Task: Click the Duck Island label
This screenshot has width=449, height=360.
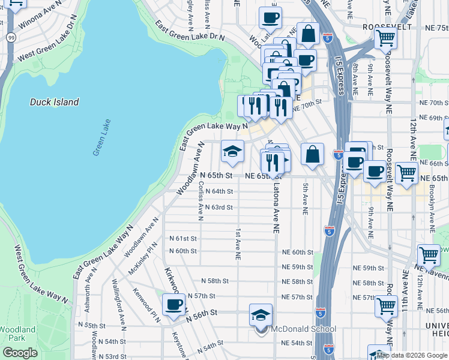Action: coord(55,102)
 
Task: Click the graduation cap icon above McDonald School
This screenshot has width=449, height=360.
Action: coord(261,314)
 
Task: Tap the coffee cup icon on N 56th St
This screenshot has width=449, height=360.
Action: coord(173,304)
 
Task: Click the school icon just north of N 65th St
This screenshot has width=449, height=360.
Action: coord(232,151)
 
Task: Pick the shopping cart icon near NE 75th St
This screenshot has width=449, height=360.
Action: coord(385,38)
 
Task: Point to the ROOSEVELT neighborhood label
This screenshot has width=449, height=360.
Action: coord(387,28)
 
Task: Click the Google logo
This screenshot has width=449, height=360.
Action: coord(20,353)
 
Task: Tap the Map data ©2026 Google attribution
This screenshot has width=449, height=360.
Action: coord(412,355)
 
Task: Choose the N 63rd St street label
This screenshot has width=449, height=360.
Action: coord(218,208)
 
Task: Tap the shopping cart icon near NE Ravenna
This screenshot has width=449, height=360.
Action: coord(429,255)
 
